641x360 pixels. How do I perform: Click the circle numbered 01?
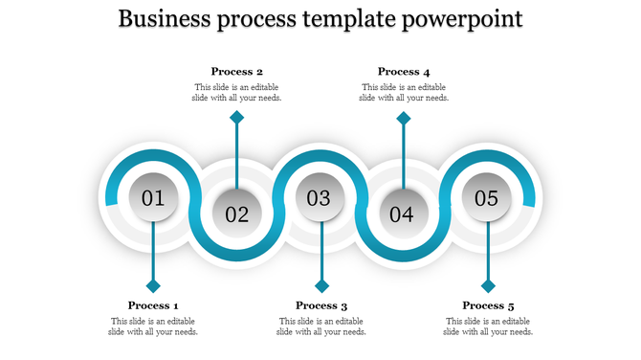click(x=153, y=198)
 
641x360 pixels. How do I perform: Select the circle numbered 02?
click(x=236, y=214)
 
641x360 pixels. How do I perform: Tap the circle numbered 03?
click(x=320, y=198)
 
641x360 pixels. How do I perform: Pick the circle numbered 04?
click(x=403, y=214)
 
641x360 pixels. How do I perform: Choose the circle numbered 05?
click(x=487, y=198)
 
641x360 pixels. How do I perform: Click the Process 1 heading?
click(x=154, y=305)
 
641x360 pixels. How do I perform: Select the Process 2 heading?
click(x=236, y=71)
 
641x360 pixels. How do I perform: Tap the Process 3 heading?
click(x=320, y=305)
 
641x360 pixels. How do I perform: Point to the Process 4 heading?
click(x=404, y=71)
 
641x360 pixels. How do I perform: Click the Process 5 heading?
click(x=488, y=305)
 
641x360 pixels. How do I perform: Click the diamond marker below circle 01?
click(x=153, y=285)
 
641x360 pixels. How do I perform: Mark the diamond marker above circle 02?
click(x=236, y=118)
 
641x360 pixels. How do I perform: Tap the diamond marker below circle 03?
click(x=321, y=285)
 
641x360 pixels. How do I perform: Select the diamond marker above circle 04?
click(x=404, y=118)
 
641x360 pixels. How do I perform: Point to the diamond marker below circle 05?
click(x=488, y=285)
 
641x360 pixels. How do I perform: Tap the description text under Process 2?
click(x=236, y=92)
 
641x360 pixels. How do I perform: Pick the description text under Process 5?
click(x=488, y=326)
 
